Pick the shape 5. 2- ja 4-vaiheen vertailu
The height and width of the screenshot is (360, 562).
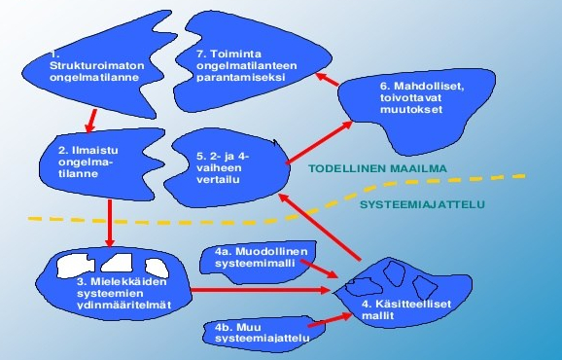point(228,165)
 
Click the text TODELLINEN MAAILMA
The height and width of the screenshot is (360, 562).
point(377,168)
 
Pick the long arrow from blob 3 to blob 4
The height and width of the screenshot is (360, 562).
point(263,290)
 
